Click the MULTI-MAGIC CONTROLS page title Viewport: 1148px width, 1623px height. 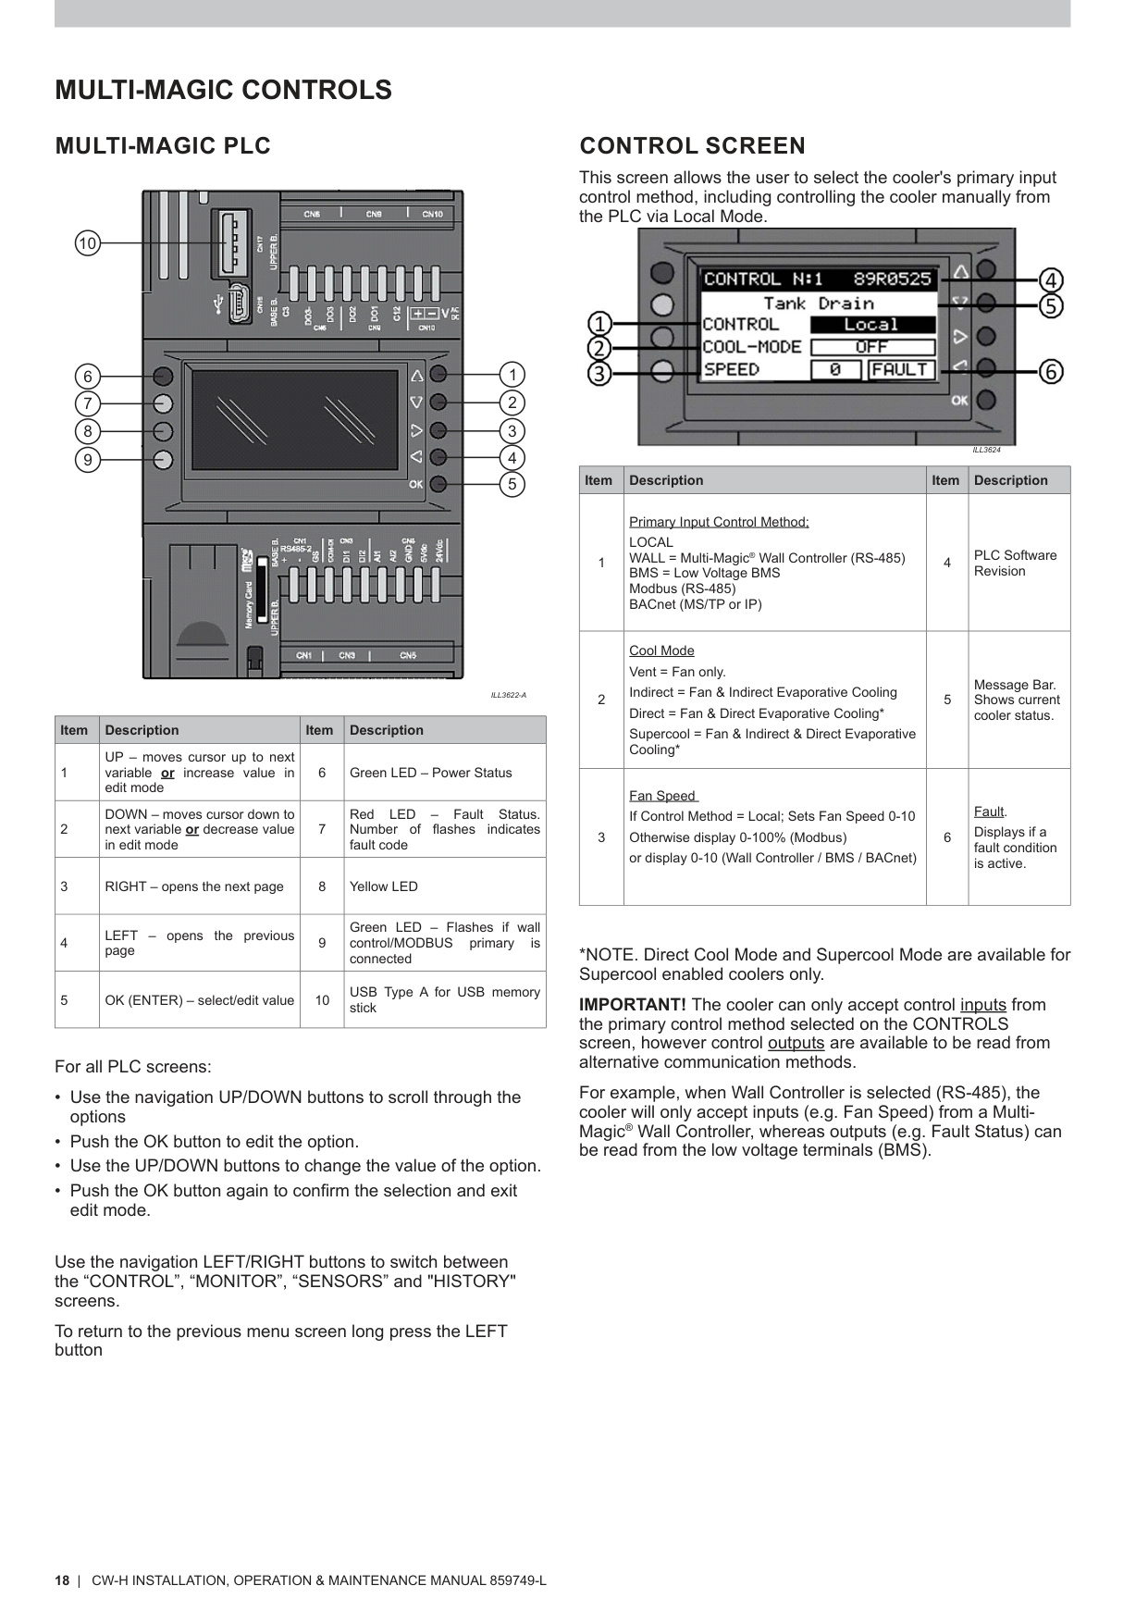point(223,90)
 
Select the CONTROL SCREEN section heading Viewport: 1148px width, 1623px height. point(692,145)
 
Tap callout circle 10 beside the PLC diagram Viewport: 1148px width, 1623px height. point(87,243)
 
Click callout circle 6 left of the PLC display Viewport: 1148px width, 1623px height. point(88,376)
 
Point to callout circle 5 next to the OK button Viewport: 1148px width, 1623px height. point(512,484)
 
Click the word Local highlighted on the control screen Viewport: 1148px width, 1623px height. point(871,325)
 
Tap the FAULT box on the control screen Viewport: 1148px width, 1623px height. point(900,369)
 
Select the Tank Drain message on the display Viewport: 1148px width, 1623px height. point(819,303)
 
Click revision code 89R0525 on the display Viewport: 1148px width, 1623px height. point(892,279)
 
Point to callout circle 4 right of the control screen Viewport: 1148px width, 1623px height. point(1051,279)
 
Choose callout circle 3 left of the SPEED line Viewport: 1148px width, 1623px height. point(600,374)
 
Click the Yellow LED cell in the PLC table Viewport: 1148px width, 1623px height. point(384,886)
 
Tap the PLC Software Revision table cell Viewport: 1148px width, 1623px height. point(1015,563)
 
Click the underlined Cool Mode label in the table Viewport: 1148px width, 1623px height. point(661,650)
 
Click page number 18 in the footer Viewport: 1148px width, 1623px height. point(62,1580)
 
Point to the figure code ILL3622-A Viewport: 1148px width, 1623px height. point(508,695)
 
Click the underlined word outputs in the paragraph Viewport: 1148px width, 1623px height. point(796,1043)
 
